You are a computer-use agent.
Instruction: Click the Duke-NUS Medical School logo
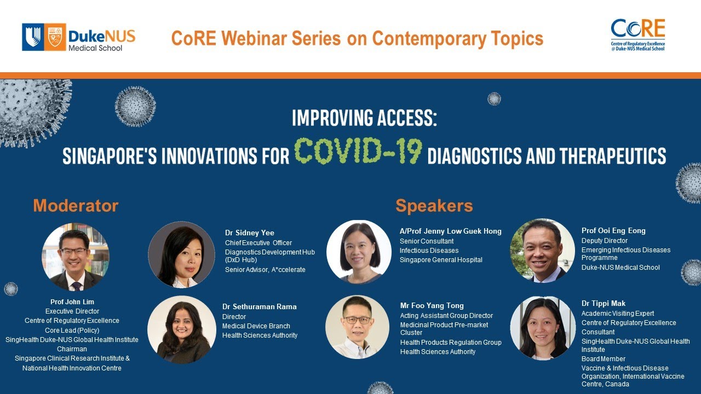point(78,37)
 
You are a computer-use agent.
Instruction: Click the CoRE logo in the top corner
point(637,35)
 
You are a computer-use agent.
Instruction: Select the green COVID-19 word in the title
point(358,152)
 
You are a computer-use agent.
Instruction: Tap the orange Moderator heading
point(76,206)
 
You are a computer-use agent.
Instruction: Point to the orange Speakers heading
point(434,206)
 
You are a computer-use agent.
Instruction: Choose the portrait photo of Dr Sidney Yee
point(181,254)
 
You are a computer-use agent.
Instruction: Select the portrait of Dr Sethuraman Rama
point(181,329)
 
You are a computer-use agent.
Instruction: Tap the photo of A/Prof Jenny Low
point(359,252)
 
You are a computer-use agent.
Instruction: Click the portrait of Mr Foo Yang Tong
point(357,327)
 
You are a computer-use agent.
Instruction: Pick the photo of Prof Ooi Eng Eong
point(542,251)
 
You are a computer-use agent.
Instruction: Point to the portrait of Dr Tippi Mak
point(542,328)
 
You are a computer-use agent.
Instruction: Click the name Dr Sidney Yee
point(250,233)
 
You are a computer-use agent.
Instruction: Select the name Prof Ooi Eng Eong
point(613,230)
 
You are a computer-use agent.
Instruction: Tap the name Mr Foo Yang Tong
point(432,305)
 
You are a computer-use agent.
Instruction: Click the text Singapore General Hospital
point(441,260)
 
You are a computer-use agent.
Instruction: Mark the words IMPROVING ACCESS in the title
point(364,118)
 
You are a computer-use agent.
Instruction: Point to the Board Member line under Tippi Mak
point(603,359)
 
